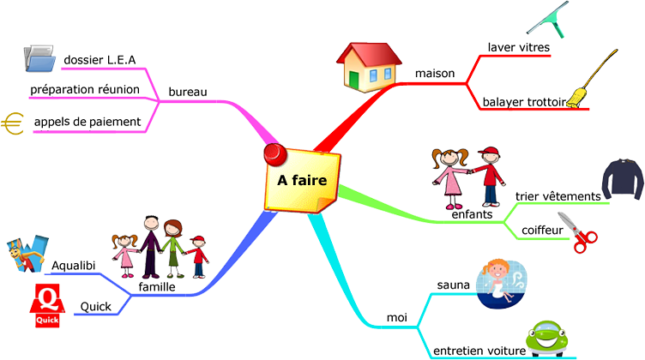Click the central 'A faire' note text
pyautogui.click(x=302, y=180)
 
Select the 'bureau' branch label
pyautogui.click(x=188, y=92)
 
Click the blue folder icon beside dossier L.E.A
pyautogui.click(x=39, y=58)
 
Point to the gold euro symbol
pyautogui.click(x=12, y=123)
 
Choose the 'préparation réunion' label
pyautogui.click(x=85, y=89)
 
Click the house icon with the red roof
pyautogui.click(x=369, y=67)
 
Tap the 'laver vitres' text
pyautogui.click(x=519, y=47)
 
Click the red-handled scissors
pyautogui.click(x=577, y=232)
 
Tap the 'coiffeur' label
pyautogui.click(x=542, y=230)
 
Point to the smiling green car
pyautogui.click(x=546, y=339)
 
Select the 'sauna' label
pyautogui.click(x=454, y=285)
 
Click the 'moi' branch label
pyautogui.click(x=397, y=317)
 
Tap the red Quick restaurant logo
pyautogui.click(x=47, y=306)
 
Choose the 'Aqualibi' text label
pyautogui.click(x=73, y=266)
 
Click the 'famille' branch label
pyautogui.click(x=157, y=286)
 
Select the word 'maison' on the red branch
pyautogui.click(x=435, y=73)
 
